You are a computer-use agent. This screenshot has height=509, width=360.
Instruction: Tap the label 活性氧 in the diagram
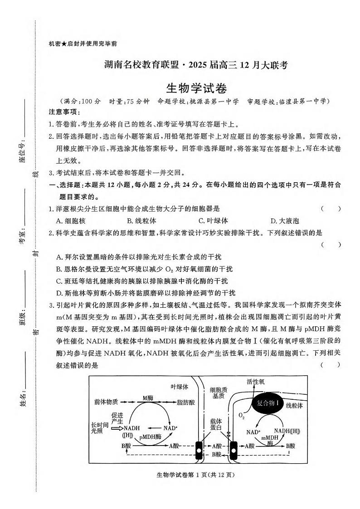pyautogui.click(x=256, y=382)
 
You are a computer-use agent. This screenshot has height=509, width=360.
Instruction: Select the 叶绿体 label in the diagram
pyautogui.click(x=179, y=387)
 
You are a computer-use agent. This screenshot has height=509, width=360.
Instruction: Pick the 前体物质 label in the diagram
pyautogui.click(x=106, y=402)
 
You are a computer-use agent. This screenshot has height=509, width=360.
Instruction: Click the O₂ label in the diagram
pyautogui.click(x=241, y=415)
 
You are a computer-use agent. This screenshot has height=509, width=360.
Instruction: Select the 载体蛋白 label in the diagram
pyautogui.click(x=215, y=424)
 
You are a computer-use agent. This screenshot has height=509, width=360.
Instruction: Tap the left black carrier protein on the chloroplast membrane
pyautogui.click(x=199, y=450)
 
